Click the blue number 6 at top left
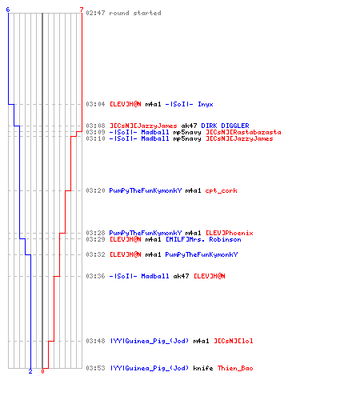[8, 10]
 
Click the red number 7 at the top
[82, 10]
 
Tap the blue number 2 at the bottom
[30, 371]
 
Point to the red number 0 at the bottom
[42, 371]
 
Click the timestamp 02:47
[95, 13]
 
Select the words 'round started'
[135, 13]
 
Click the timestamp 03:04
[95, 104]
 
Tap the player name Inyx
[206, 104]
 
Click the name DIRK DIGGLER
[225, 126]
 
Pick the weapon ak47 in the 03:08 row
[189, 126]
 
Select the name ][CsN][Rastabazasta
[243, 132]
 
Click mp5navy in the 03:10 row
[187, 138]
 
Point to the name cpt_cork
[222, 190]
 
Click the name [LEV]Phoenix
[230, 233]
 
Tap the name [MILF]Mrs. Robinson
[203, 239]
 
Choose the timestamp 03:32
[95, 254]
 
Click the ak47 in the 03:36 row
[181, 276]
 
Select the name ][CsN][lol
[234, 341]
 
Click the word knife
[203, 368]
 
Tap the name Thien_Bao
[235, 368]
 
